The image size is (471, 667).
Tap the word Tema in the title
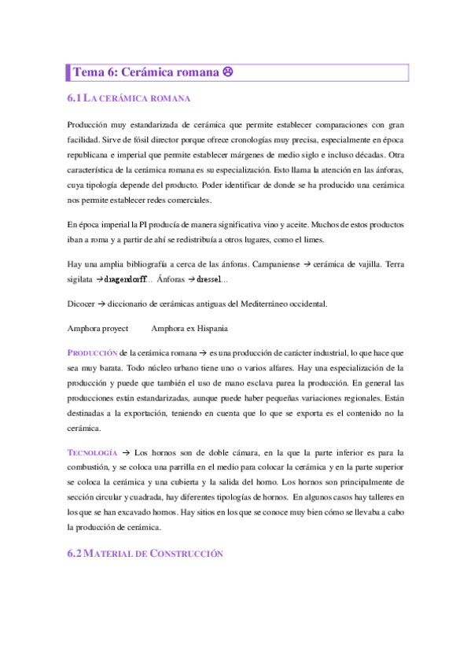point(87,72)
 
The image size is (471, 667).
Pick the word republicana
point(92,155)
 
